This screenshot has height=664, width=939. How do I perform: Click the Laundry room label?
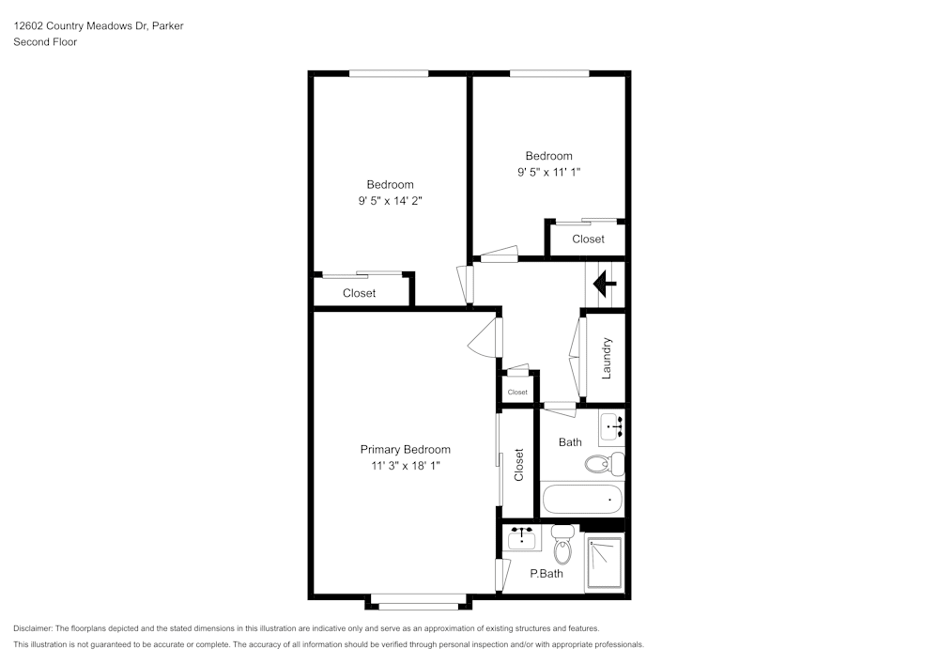point(607,358)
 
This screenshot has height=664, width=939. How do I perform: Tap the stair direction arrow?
point(601,281)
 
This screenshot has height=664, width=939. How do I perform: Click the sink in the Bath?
point(611,428)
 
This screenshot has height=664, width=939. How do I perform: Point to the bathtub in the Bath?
point(582,498)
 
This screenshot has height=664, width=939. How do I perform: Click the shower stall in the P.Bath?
point(604,562)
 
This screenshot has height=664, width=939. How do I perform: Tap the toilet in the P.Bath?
point(562,544)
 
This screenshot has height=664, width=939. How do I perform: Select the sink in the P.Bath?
point(522,539)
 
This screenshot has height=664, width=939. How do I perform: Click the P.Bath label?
point(546,573)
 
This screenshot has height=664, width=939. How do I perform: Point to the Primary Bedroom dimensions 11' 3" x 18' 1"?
point(406,465)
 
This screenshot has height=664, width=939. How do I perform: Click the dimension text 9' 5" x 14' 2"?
point(390,200)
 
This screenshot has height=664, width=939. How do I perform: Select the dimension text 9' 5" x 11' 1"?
point(549,172)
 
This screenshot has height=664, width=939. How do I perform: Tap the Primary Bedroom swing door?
point(485,338)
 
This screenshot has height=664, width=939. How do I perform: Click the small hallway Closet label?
point(517,392)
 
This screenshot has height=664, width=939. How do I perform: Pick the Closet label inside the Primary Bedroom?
point(518,465)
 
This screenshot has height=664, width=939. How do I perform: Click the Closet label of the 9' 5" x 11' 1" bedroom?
point(588,239)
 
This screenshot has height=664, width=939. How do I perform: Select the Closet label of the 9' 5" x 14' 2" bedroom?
point(359,293)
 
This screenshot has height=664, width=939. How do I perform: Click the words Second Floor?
point(45,42)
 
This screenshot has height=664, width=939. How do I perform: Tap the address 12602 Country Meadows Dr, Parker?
point(99,26)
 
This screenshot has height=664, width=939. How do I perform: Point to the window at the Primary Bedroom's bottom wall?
point(419,606)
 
